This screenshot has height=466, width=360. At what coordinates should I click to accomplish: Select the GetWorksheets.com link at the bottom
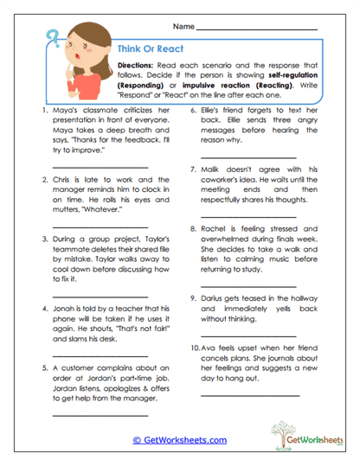coord(179,440)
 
